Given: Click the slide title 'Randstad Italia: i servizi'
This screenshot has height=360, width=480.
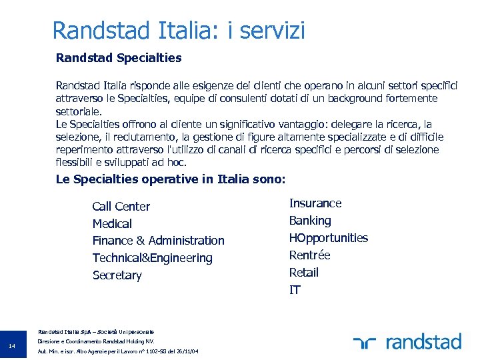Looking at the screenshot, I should tap(179, 31).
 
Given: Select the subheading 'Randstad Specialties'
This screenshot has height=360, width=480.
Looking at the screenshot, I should tap(119, 58).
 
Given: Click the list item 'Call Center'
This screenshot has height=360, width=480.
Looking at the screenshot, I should tap(121, 207).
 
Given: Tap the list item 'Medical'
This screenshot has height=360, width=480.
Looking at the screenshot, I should tap(112, 224).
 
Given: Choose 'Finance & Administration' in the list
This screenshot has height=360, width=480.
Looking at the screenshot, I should tap(158, 241).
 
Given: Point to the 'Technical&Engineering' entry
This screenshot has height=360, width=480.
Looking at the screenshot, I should tap(152, 258).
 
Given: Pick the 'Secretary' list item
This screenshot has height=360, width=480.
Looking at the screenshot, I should tap(117, 275).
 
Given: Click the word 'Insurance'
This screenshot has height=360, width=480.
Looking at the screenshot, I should tap(315, 203).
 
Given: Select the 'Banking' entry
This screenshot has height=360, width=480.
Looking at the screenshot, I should tap(309, 221).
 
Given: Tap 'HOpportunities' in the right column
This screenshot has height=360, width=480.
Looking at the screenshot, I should tap(328, 238).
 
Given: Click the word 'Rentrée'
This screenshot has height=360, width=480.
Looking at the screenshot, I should tap(309, 255).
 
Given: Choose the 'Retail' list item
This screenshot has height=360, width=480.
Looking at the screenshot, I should tap(303, 273).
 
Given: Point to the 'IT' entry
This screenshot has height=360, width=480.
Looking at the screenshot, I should tap(295, 290).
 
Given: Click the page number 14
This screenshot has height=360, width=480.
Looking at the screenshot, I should tap(13, 345).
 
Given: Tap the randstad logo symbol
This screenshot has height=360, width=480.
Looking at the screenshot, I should tap(365, 343).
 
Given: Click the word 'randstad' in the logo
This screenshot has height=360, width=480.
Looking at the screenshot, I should tap(423, 343).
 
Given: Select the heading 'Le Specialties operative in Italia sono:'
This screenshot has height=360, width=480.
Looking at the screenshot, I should tap(171, 179).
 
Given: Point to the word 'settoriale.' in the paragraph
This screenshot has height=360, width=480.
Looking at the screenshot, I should tap(79, 111).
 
